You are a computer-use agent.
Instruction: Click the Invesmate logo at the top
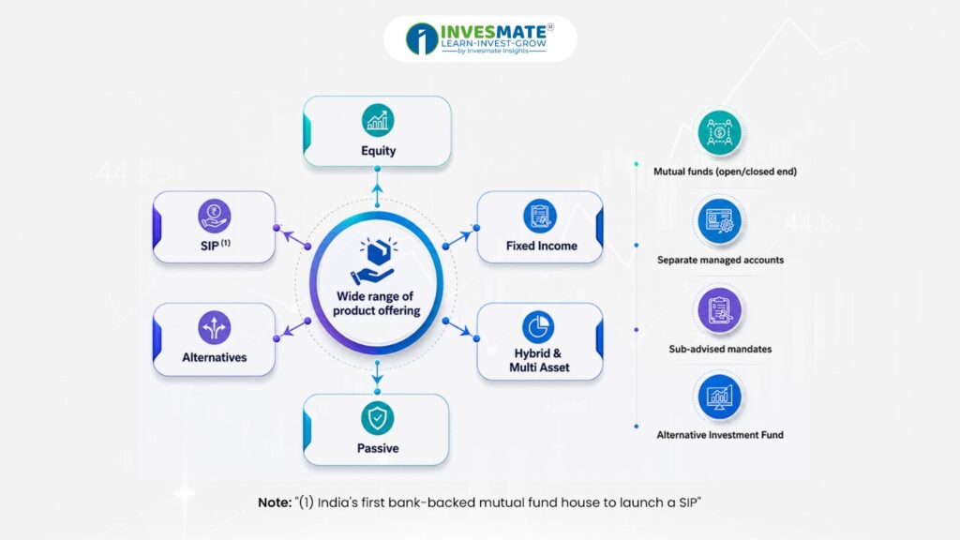pyautogui.click(x=480, y=38)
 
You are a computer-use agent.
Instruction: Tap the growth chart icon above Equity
pyautogui.click(x=378, y=120)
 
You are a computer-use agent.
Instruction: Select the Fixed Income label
pyautogui.click(x=541, y=246)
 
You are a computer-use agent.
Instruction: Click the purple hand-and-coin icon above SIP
pyautogui.click(x=215, y=216)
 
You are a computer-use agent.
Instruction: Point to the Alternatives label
pyautogui.click(x=215, y=357)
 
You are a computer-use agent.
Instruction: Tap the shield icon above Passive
pyautogui.click(x=377, y=418)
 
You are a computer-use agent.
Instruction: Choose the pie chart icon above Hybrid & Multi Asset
pyautogui.click(x=538, y=327)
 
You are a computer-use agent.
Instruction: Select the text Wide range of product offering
pyautogui.click(x=376, y=303)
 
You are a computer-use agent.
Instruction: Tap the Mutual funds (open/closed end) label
pyautogui.click(x=725, y=172)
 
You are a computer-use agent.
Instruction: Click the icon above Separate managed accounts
pyautogui.click(x=719, y=221)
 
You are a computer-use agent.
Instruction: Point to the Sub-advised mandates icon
pyautogui.click(x=719, y=309)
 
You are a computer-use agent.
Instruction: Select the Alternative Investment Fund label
pyautogui.click(x=720, y=435)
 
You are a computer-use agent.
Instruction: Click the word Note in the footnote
pyautogui.click(x=275, y=502)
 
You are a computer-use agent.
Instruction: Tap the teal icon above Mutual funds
pyautogui.click(x=719, y=132)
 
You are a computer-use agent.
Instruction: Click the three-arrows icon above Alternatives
pyautogui.click(x=215, y=327)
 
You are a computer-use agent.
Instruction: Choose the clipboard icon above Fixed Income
pyautogui.click(x=539, y=216)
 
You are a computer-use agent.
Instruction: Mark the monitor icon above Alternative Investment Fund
pyautogui.click(x=719, y=397)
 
